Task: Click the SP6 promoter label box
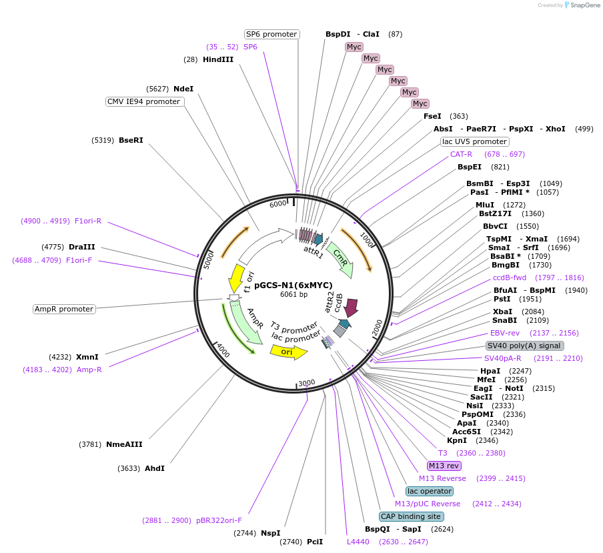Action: pyautogui.click(x=271, y=34)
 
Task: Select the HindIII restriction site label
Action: pyautogui.click(x=218, y=59)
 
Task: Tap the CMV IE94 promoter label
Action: pyautogui.click(x=145, y=101)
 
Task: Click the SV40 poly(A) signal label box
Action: pyautogui.click(x=524, y=346)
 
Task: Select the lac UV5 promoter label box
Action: pyautogui.click(x=474, y=141)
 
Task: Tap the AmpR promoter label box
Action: pyautogui.click(x=65, y=309)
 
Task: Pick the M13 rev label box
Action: pyautogui.click(x=444, y=466)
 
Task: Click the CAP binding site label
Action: pyautogui.click(x=411, y=516)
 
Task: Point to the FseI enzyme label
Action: pyautogui.click(x=432, y=116)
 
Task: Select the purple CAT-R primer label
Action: pyautogui.click(x=461, y=154)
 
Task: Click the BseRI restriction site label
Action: pyautogui.click(x=131, y=140)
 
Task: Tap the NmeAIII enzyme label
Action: pyautogui.click(x=124, y=444)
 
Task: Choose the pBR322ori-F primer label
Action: pyautogui.click(x=219, y=520)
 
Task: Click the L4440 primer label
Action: pyautogui.click(x=358, y=542)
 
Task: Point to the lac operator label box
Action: pyautogui.click(x=430, y=491)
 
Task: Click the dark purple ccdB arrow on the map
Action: pyautogui.click(x=352, y=308)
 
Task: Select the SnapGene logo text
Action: pyautogui.click(x=585, y=5)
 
